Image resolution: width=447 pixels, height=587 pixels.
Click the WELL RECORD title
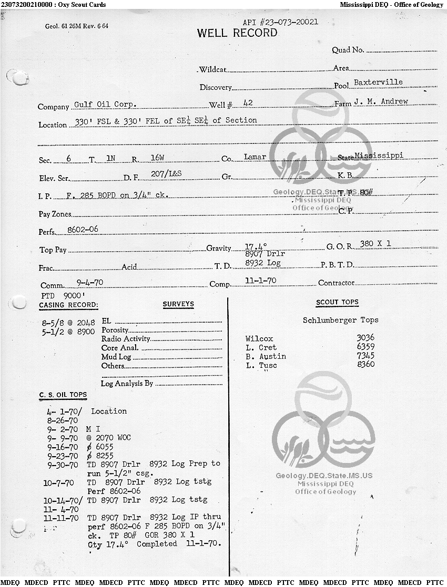click(x=237, y=33)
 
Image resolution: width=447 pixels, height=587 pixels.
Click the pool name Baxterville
click(x=378, y=83)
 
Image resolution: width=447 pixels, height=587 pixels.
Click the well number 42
click(x=248, y=104)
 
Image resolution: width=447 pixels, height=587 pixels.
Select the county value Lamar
click(x=255, y=157)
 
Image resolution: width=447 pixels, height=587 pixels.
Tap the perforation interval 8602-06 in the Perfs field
click(x=83, y=230)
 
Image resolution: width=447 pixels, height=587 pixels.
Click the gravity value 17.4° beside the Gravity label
click(x=256, y=246)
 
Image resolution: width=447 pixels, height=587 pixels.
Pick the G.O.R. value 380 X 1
click(x=375, y=244)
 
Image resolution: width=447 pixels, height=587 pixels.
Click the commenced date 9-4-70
click(x=89, y=282)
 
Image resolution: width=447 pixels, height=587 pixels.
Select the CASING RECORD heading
click(x=68, y=305)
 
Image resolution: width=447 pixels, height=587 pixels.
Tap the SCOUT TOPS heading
click(x=337, y=302)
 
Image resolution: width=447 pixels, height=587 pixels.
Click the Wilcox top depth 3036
click(x=365, y=338)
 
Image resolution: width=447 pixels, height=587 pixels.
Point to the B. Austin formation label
click(x=266, y=356)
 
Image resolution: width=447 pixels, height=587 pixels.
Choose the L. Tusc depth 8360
click(x=365, y=365)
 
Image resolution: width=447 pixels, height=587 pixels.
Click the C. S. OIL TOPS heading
click(x=63, y=395)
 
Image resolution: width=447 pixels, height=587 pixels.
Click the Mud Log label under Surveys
click(x=116, y=357)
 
